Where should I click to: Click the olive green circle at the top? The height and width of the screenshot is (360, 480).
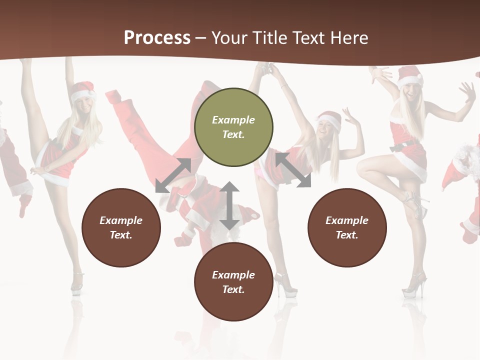click(233, 127)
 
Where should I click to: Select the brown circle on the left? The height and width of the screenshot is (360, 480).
click(121, 227)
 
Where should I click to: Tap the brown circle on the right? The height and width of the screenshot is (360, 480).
click(347, 227)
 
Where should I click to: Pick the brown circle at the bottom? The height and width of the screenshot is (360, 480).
click(233, 281)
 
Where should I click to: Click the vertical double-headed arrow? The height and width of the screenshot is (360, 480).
click(229, 205)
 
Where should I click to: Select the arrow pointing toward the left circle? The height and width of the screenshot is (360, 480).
click(173, 175)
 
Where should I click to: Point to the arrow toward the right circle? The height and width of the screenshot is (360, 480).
click(293, 170)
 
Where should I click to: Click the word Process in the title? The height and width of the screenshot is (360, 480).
click(157, 37)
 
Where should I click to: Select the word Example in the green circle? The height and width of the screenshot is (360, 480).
click(233, 120)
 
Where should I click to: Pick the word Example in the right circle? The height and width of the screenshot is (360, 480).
click(347, 220)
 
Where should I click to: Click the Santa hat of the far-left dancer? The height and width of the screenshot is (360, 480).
click(82, 91)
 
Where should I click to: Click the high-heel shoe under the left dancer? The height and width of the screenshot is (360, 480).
click(76, 282)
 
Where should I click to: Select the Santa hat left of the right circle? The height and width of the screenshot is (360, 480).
click(330, 120)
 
